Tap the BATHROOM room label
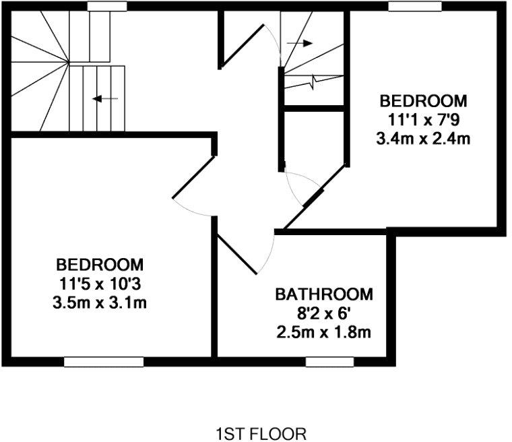click(324, 294)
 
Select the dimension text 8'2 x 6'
click(324, 313)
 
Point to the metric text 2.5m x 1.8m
click(324, 332)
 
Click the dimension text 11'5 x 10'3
click(100, 282)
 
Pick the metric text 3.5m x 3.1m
click(100, 302)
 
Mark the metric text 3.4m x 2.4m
click(423, 139)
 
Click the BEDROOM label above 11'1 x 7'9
click(423, 101)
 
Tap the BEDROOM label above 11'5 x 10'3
click(100, 263)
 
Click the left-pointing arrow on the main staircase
click(104, 99)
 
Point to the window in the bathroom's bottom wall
click(329, 362)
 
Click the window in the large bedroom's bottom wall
click(104, 362)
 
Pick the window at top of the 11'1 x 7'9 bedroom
click(415, 6)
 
